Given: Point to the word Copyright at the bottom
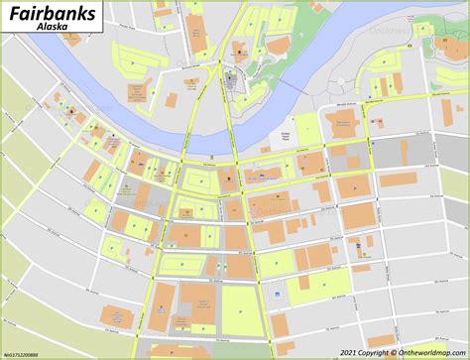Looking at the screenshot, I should point(375,352).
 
